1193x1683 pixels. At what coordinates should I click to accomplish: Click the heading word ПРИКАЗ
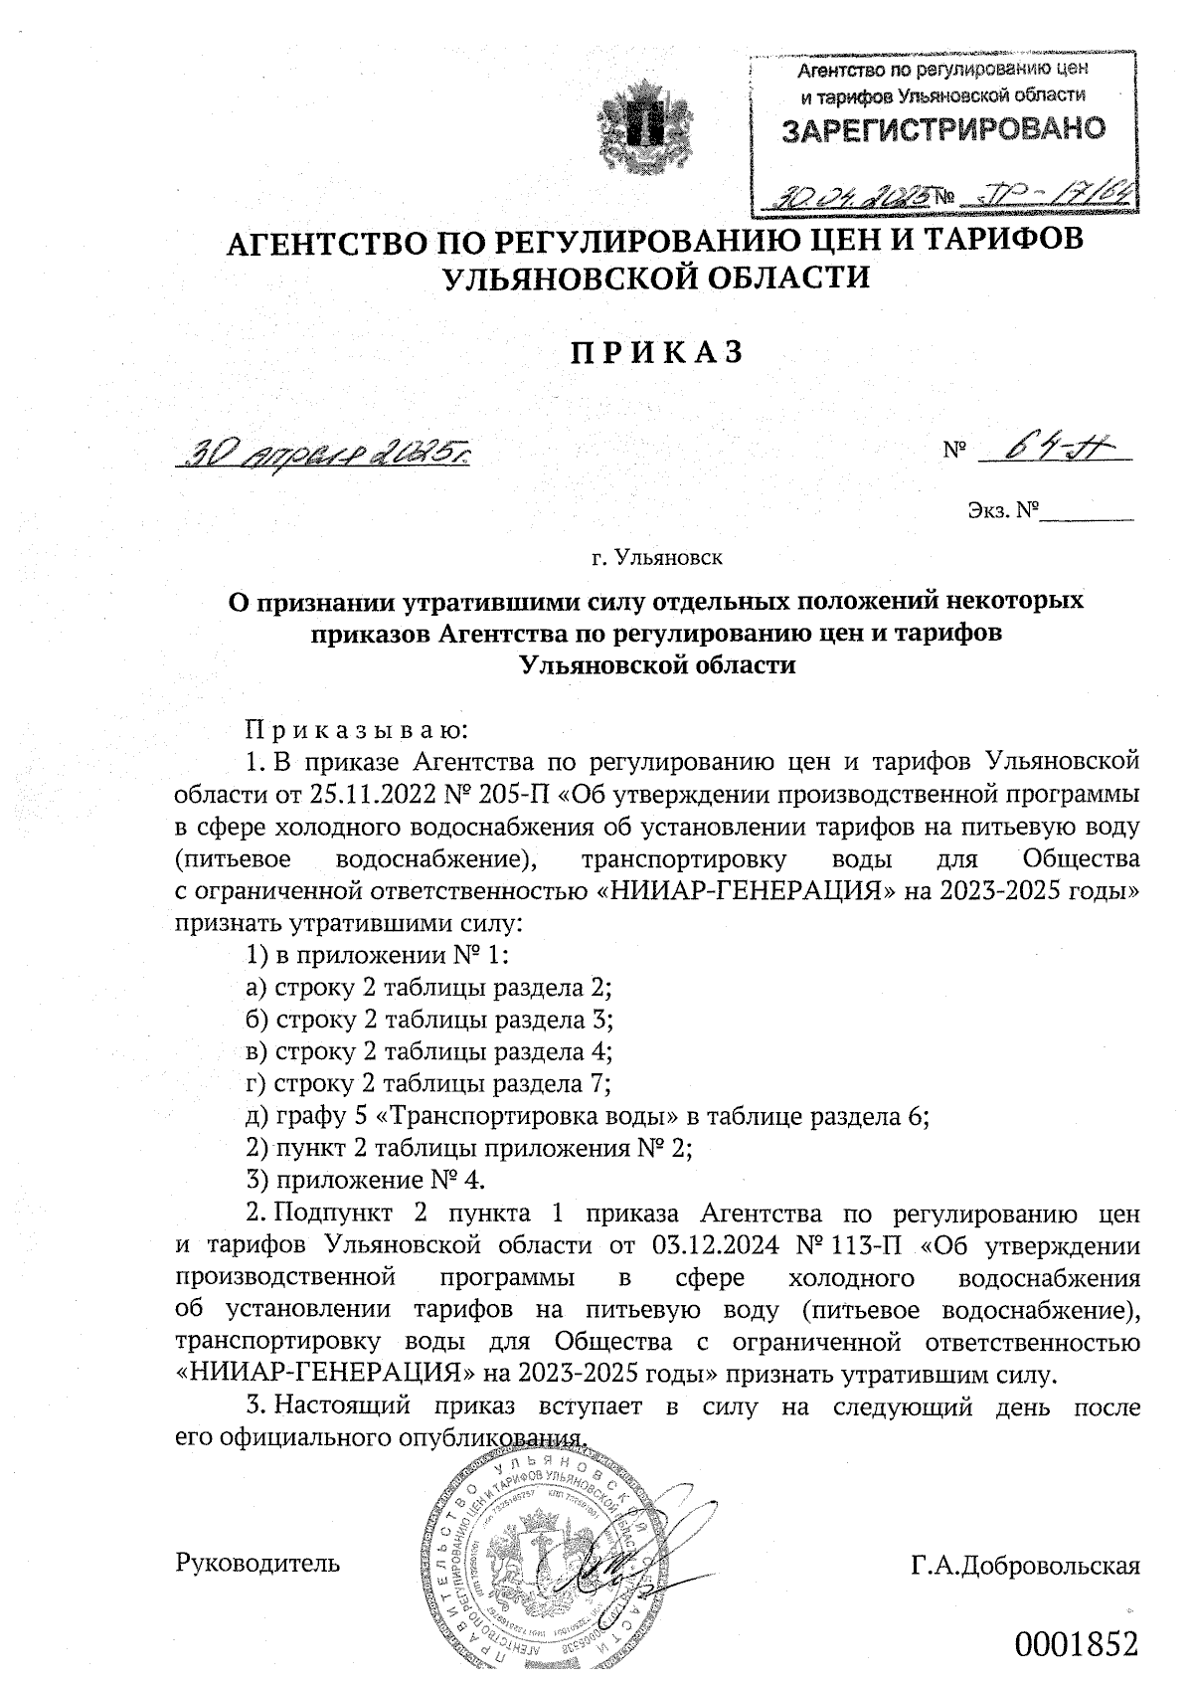(x=656, y=352)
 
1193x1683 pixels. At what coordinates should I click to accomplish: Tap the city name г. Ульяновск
(x=656, y=556)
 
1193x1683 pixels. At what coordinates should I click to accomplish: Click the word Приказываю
(x=356, y=731)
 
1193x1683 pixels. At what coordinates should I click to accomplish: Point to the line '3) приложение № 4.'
(x=365, y=1181)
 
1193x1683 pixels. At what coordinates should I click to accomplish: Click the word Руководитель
(x=257, y=1564)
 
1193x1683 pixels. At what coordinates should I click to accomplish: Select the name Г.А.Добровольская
(x=1024, y=1566)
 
